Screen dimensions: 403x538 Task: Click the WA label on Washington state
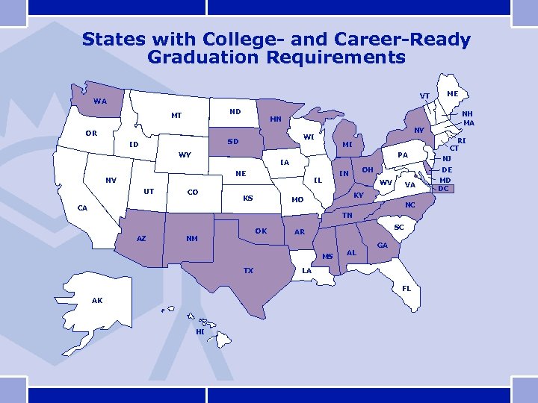[x=100, y=101]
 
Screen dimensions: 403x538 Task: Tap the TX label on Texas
[x=248, y=270]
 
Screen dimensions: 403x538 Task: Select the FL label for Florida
[x=406, y=288]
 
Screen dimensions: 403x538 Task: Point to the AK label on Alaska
[x=97, y=300]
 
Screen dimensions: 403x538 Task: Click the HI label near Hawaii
[x=200, y=331]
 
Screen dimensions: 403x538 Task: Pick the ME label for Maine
[x=452, y=94]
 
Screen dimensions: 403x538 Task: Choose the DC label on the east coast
[x=444, y=188]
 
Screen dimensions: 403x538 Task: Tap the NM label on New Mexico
[x=191, y=239]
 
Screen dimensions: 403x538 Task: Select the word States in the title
[x=114, y=39]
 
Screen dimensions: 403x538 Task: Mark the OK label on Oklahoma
[x=261, y=231]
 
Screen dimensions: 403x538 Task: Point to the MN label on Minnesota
[x=275, y=119]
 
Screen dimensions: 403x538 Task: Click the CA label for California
[x=84, y=208]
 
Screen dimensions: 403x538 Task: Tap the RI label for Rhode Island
[x=462, y=140]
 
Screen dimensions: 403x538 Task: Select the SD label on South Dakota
[x=233, y=141]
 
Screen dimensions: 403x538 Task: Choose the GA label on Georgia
[x=383, y=245]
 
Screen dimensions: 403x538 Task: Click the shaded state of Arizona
[x=142, y=237]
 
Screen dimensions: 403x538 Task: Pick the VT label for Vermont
[x=424, y=96]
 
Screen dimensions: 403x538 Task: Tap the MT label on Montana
[x=176, y=116]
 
